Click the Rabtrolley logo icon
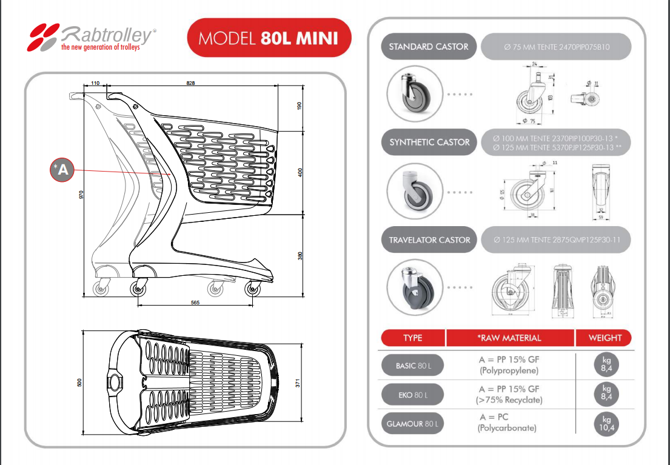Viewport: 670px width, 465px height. coord(44,36)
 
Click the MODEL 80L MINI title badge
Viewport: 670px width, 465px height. coord(270,38)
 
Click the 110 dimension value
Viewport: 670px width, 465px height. coord(95,82)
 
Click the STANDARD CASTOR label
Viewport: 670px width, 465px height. coord(428,47)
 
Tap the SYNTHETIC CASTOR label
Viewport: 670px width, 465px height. coord(429,142)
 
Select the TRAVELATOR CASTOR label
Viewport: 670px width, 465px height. coord(429,240)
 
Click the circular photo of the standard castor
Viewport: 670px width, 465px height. coord(411,95)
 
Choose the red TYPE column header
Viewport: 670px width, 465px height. coord(412,338)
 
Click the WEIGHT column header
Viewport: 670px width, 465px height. coord(605,338)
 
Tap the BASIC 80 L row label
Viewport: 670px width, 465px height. coord(412,366)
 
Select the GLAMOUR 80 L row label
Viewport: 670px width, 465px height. coord(412,424)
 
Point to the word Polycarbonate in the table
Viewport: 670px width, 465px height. coord(508,429)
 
